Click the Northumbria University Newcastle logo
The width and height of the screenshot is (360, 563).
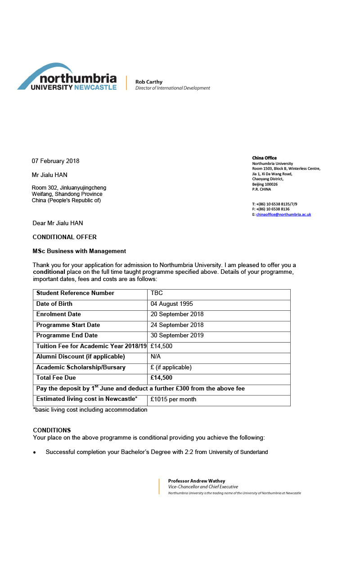tap(67, 77)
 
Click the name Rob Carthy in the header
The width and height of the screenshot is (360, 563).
tap(149, 82)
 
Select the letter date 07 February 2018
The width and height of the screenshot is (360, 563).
tap(55, 161)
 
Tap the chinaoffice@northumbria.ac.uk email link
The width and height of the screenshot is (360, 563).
tap(283, 214)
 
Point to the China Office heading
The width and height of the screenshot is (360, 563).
tap(264, 158)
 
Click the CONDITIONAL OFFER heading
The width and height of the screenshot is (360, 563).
tap(64, 237)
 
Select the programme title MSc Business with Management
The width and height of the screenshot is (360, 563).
tap(79, 251)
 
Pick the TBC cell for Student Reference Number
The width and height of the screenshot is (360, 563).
tap(157, 293)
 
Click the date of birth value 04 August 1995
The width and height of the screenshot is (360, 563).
tap(172, 304)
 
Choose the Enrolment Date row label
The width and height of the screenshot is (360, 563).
tap(58, 314)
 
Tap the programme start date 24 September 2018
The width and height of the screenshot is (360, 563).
tap(177, 325)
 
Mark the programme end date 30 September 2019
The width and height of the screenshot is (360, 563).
tap(177, 336)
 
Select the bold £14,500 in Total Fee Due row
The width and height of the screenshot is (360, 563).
tap(162, 378)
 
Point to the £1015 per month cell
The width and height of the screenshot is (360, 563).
tap(173, 400)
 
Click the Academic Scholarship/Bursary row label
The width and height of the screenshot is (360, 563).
tap(81, 368)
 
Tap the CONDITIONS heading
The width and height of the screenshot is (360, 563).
tap(52, 430)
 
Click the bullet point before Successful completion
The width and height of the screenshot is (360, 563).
tap(35, 452)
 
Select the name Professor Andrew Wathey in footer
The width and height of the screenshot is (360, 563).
tap(197, 481)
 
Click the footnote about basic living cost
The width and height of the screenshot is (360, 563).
tap(90, 410)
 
